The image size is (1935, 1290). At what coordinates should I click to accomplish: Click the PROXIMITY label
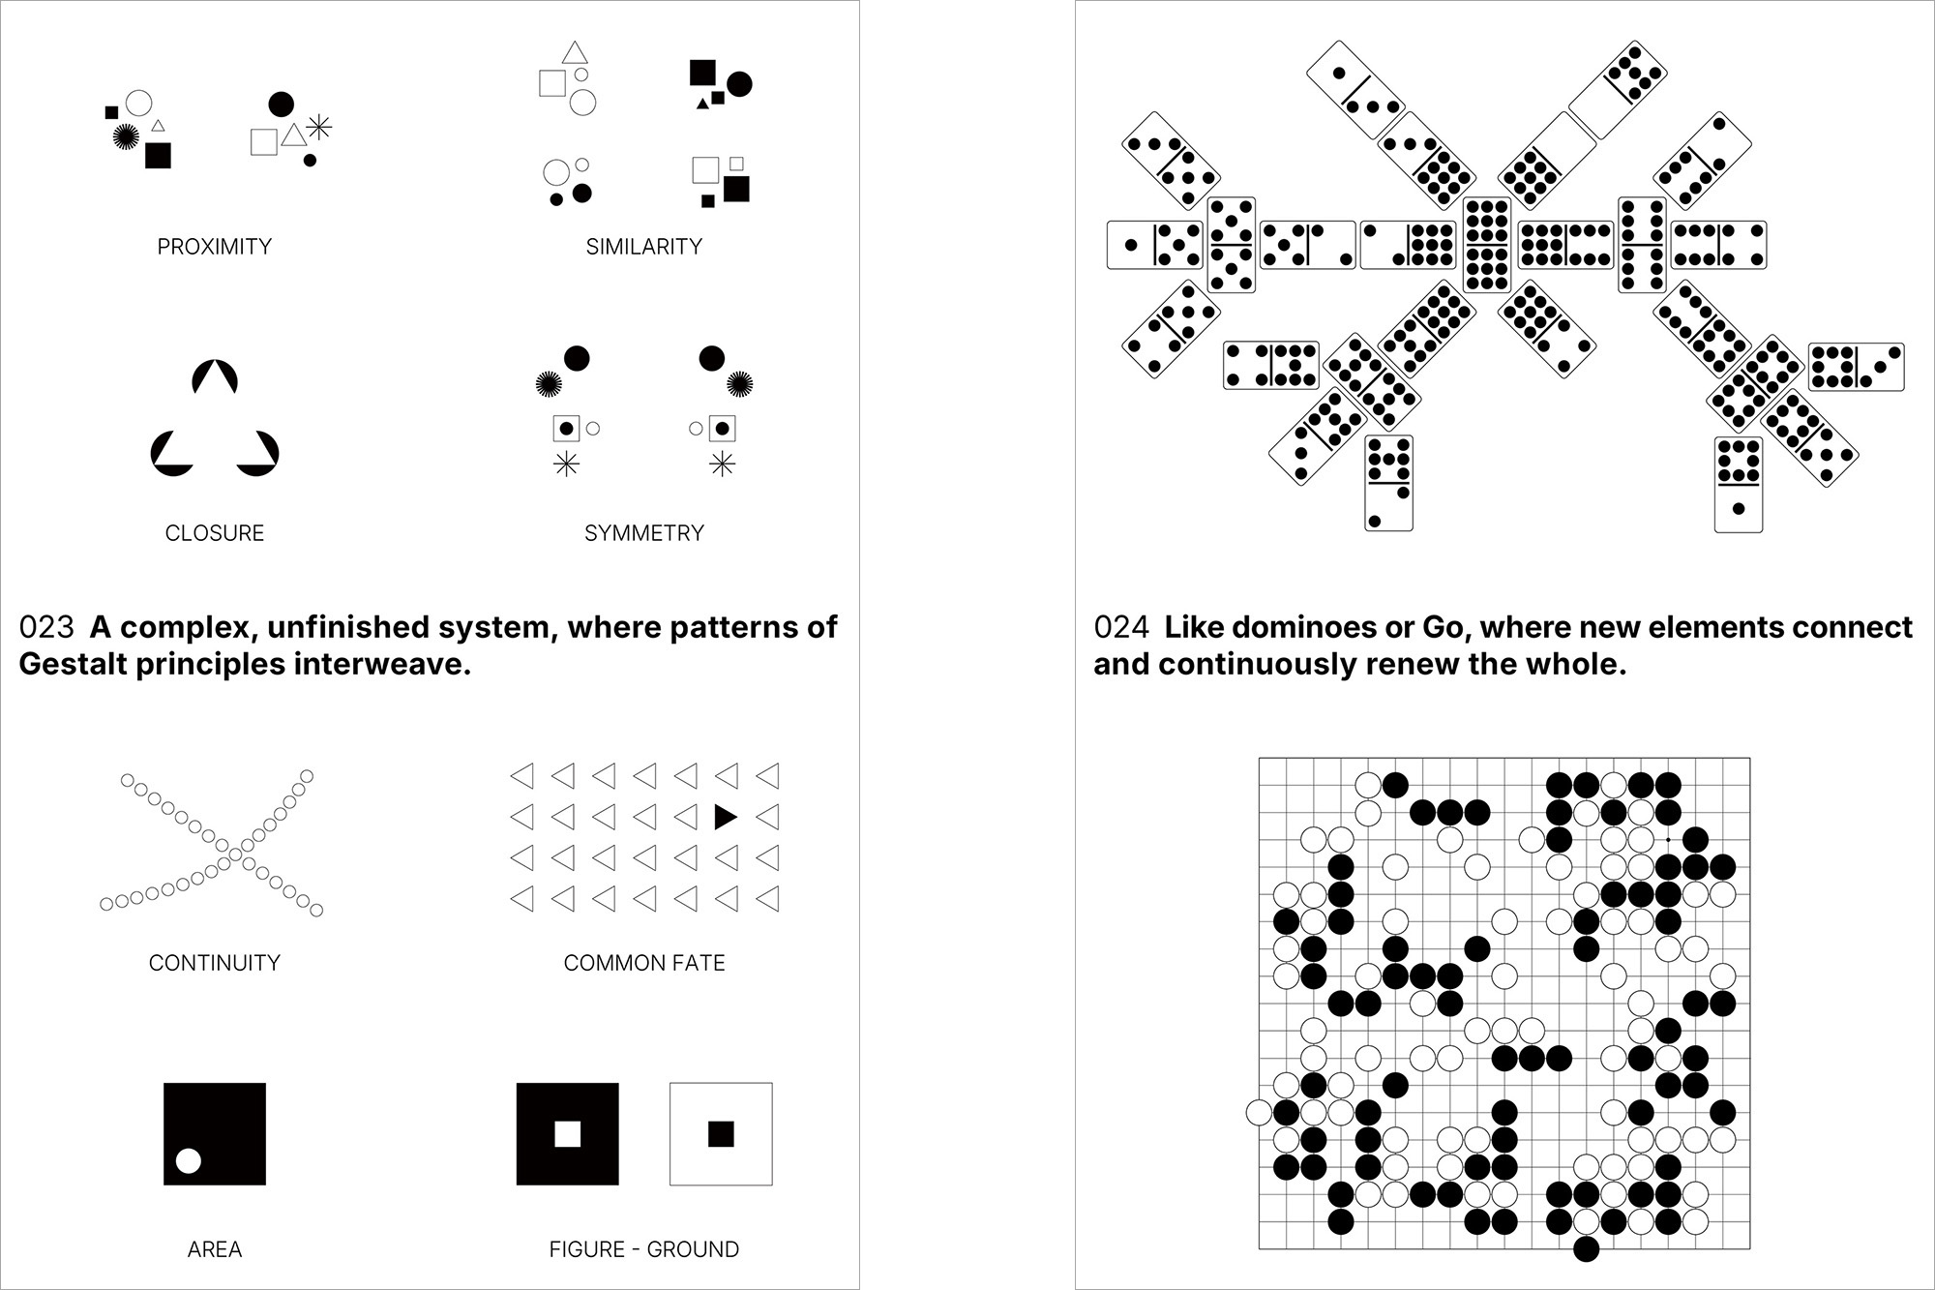(x=214, y=247)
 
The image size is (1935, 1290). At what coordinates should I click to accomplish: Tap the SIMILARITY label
(x=643, y=247)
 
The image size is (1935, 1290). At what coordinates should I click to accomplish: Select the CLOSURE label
(x=214, y=533)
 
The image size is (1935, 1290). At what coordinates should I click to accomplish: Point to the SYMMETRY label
(x=643, y=533)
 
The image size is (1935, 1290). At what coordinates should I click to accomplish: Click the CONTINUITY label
(x=214, y=963)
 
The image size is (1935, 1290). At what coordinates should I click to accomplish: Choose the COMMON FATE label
(x=643, y=963)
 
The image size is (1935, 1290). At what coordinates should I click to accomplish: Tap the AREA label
(x=214, y=1249)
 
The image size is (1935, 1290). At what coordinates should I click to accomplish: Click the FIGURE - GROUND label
(x=643, y=1249)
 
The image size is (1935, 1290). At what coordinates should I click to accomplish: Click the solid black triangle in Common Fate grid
(x=726, y=817)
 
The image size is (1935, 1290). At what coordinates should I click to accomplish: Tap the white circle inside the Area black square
(x=189, y=1160)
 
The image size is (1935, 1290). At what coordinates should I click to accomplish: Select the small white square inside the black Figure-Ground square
(x=567, y=1133)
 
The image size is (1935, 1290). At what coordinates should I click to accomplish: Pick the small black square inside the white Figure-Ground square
(x=721, y=1133)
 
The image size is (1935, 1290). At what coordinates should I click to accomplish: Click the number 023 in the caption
(x=46, y=627)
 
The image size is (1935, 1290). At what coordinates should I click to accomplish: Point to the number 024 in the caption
(x=1121, y=627)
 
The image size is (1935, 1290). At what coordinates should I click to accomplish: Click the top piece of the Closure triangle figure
(x=215, y=376)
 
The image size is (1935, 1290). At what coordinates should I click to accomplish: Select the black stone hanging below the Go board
(x=1586, y=1249)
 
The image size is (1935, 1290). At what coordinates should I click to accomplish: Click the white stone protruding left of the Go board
(x=1259, y=1113)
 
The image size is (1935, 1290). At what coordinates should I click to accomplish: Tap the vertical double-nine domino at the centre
(x=1487, y=245)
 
